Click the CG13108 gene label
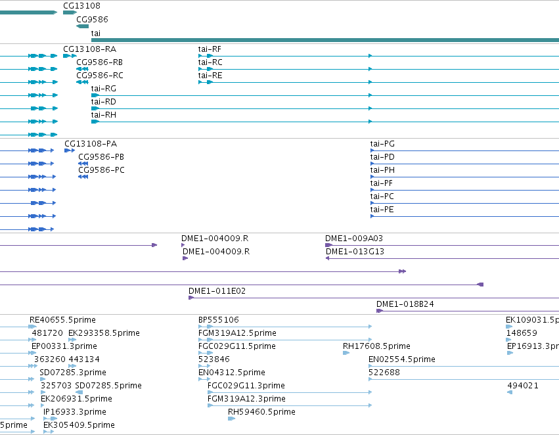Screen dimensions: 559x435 coord(81,6)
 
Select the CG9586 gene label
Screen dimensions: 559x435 coord(92,19)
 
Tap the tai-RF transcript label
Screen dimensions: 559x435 coord(210,49)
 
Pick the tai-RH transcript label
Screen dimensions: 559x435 coord(103,114)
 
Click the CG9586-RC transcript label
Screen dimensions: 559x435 coord(100,75)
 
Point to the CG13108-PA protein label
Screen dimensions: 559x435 coord(91,144)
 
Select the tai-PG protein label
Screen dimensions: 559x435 coord(382,144)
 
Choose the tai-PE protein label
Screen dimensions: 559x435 coord(382,210)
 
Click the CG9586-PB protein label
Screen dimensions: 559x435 coord(101,157)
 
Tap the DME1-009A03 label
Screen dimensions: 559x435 coord(354,238)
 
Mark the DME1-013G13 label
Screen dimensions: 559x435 coord(355,252)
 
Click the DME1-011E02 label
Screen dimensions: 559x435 coord(217,291)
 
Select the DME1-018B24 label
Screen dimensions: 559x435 coord(405,304)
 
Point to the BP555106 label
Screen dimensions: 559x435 coord(219,320)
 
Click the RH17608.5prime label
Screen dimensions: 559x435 coord(376,346)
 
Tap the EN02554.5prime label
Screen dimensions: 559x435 coord(402,359)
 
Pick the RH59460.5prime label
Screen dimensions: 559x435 coord(261,412)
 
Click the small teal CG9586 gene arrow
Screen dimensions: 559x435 coord(82,26)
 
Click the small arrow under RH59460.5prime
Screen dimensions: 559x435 coord(231,419)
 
